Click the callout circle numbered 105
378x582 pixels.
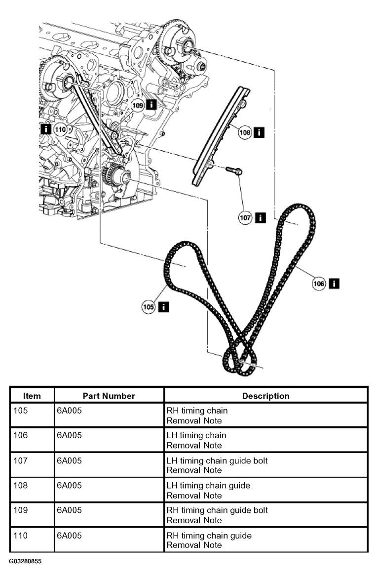pos(148,307)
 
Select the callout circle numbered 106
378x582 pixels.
pos(319,284)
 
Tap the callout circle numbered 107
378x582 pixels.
pos(245,217)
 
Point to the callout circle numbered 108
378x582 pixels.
pos(245,132)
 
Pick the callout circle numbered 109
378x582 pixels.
pos(138,105)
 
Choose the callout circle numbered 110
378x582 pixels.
pos(60,129)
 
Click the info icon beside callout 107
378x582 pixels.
pos(261,217)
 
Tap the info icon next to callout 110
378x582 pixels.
pos(45,129)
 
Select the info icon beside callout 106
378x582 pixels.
pos(334,283)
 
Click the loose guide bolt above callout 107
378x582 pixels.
pos(234,170)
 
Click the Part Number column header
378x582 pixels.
pos(109,396)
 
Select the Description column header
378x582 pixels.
pos(265,396)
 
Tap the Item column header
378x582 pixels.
pos(32,396)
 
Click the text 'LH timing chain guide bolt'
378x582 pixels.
pos(217,460)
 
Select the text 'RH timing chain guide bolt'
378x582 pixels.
pos(217,510)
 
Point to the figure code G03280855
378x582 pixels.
pos(26,561)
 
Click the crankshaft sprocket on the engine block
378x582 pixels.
pos(113,178)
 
